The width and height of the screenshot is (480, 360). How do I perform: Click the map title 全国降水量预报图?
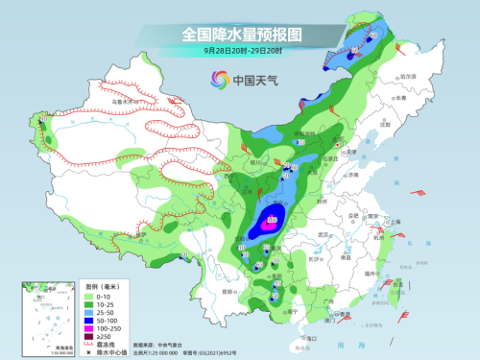pos(240,34)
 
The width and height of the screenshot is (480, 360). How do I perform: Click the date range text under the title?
pos(240,50)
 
